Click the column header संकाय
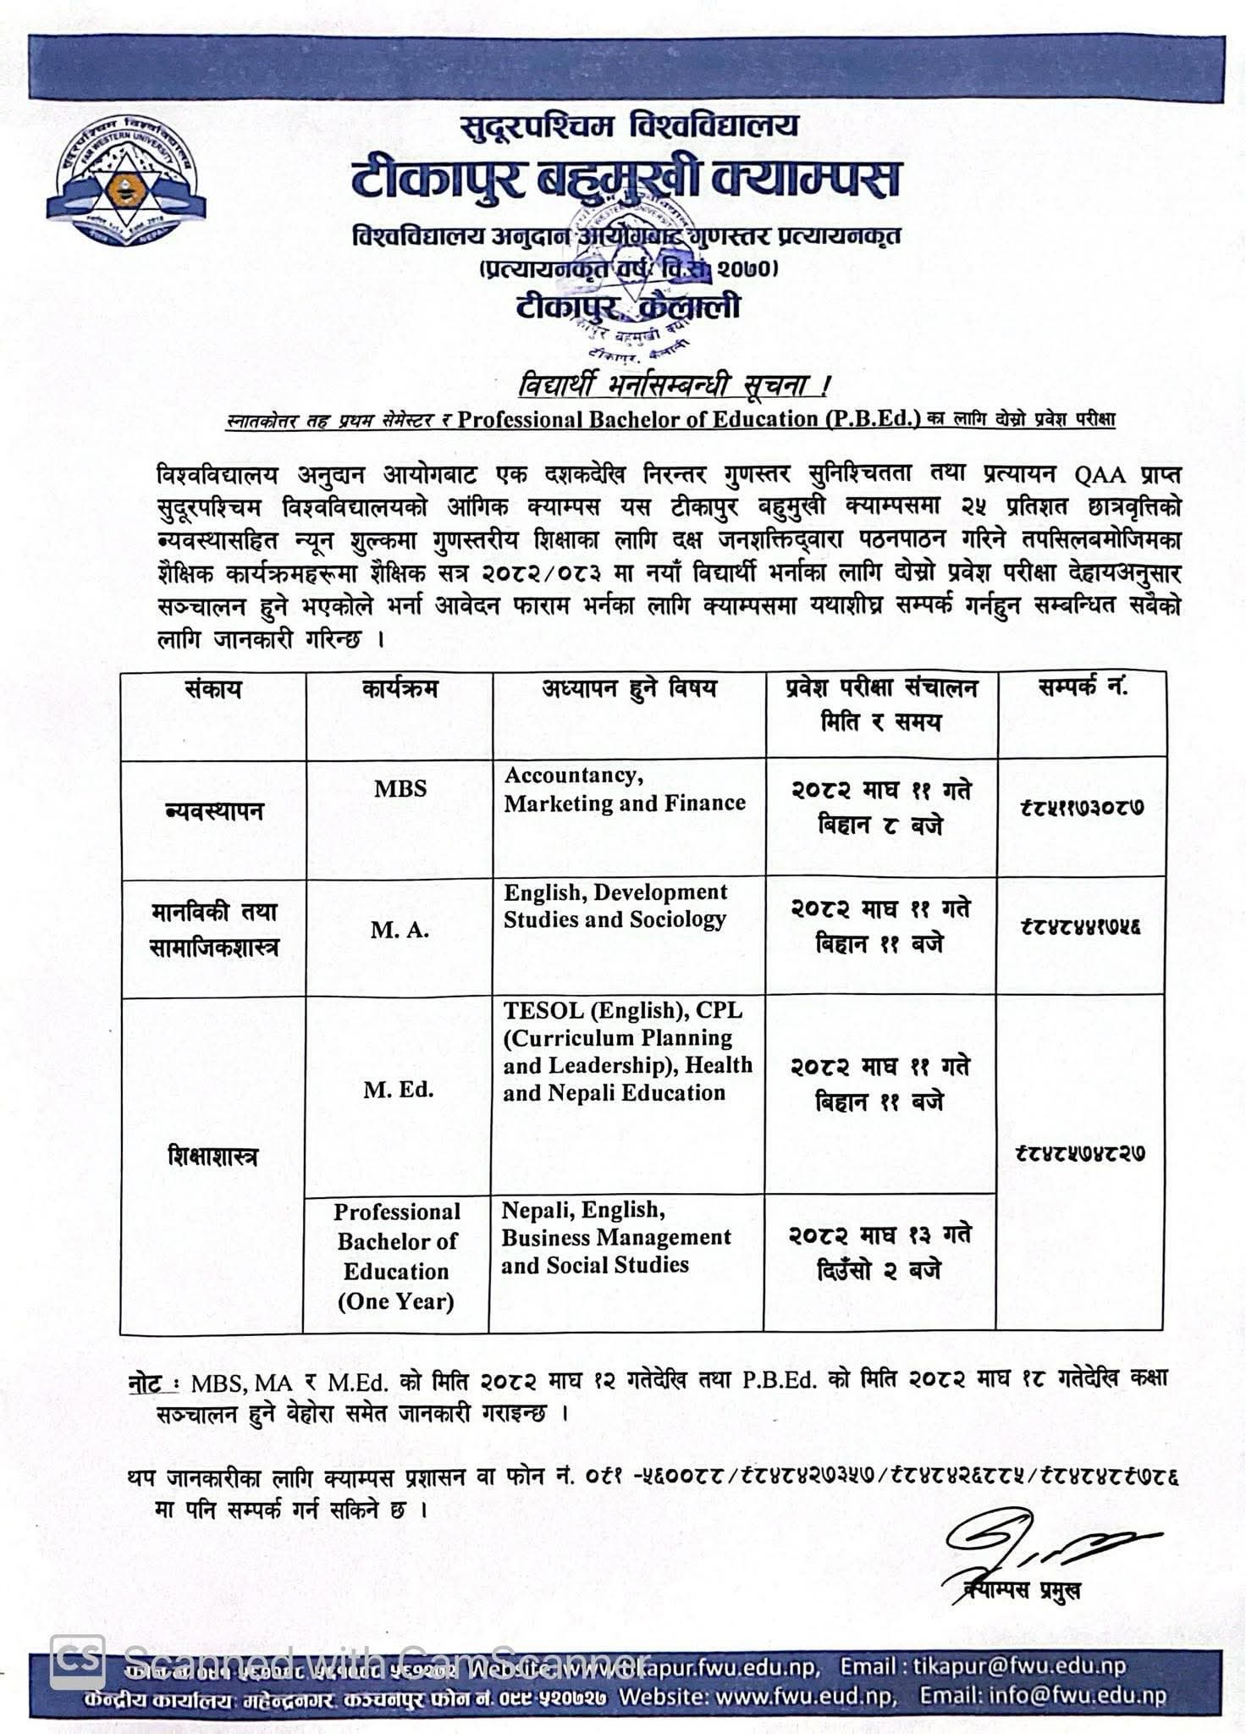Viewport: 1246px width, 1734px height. tap(213, 689)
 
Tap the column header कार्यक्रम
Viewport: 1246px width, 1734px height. tap(400, 688)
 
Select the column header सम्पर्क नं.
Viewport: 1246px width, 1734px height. tap(1082, 687)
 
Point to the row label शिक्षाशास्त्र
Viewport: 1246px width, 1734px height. tap(213, 1157)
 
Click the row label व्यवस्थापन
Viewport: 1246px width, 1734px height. tap(214, 811)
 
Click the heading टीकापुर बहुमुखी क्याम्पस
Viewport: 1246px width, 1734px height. tap(626, 180)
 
